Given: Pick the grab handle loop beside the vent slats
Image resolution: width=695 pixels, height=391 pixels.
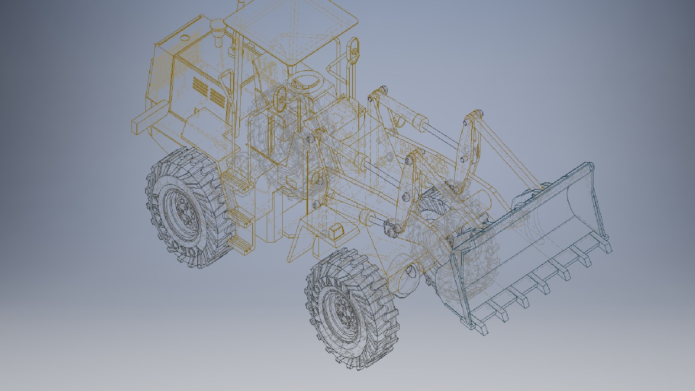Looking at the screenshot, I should pyautogui.click(x=226, y=91).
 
